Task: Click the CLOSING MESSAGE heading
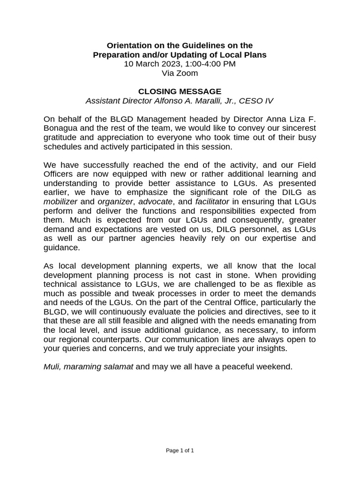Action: [180, 91]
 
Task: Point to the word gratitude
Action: [60, 137]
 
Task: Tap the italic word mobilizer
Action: [60, 201]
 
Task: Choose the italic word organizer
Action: [115, 201]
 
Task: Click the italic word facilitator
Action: [212, 201]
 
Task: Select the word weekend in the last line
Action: [272, 366]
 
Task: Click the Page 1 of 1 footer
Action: [180, 450]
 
